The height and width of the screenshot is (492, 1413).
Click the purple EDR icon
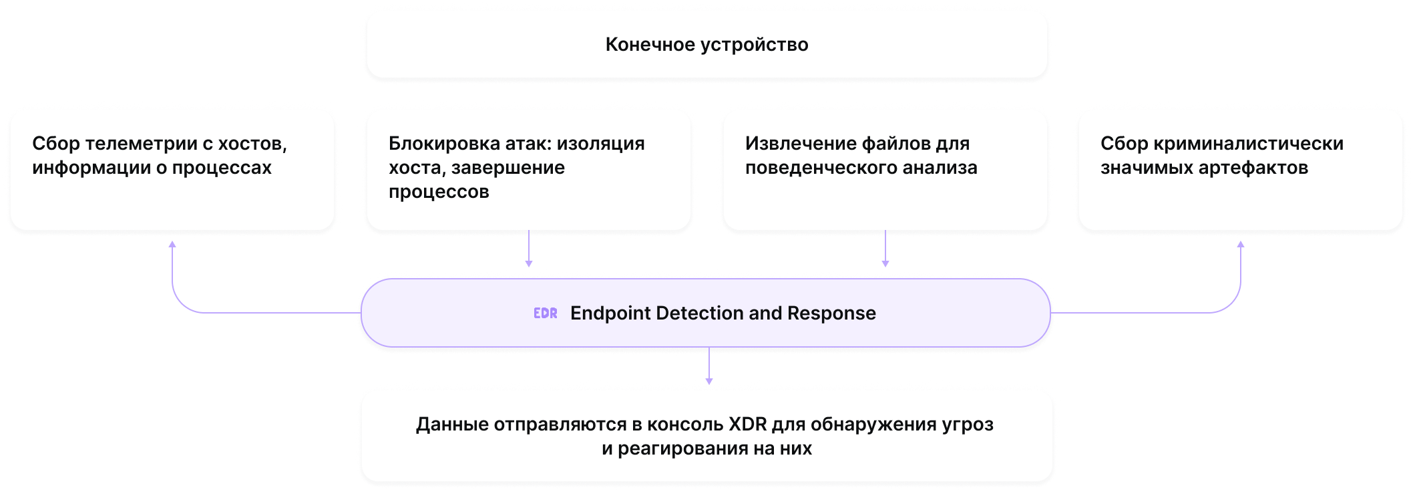[x=545, y=313]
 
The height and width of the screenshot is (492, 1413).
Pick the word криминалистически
[x=1248, y=144]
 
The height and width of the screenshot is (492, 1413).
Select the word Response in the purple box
[x=831, y=314]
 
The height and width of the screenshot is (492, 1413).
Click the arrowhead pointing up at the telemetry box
[x=172, y=245]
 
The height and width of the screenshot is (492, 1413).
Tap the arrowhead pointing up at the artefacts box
[x=1241, y=245]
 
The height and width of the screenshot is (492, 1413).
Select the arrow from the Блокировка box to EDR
[x=529, y=251]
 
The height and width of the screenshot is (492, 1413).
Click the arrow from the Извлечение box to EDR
[x=885, y=251]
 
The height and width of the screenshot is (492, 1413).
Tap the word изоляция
[x=601, y=144]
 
